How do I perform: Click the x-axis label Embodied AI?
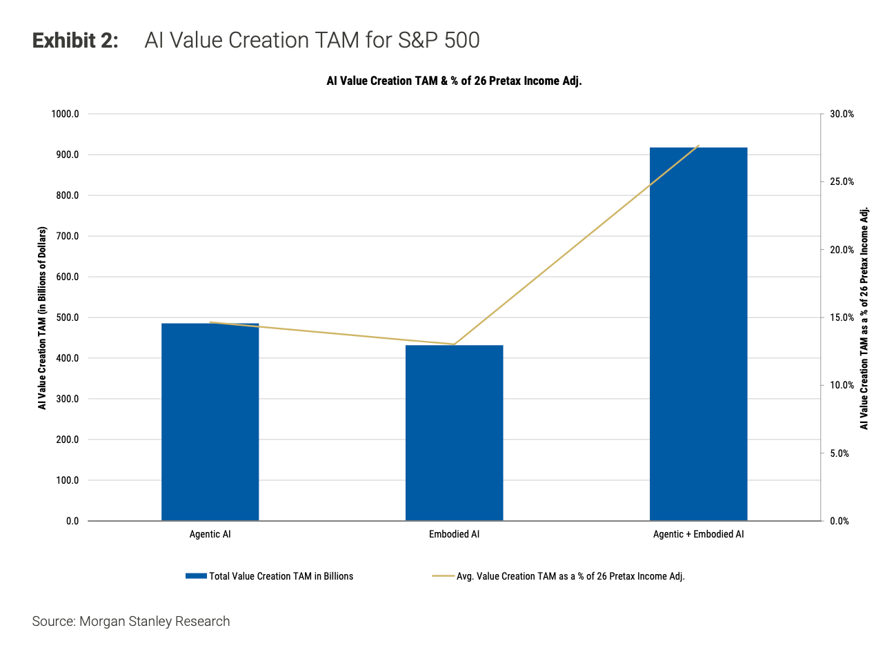pos(454,534)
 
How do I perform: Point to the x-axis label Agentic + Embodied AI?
pos(698,534)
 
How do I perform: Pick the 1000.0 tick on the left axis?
pos(65,114)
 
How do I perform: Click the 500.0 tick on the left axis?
pos(67,317)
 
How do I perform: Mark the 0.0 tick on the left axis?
pos(72,521)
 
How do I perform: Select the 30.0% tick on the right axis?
pos(842,114)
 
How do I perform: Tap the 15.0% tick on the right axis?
pos(842,317)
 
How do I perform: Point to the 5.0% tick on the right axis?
pos(840,453)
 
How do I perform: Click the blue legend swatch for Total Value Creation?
pos(196,576)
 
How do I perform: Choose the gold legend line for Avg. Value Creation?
pos(442,576)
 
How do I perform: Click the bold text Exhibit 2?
pos(75,41)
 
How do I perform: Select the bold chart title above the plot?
pos(454,81)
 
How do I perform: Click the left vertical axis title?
pos(42,317)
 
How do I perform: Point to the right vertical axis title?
pos(864,317)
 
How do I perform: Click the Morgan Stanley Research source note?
pos(131,621)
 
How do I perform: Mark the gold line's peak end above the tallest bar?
pos(699,146)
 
